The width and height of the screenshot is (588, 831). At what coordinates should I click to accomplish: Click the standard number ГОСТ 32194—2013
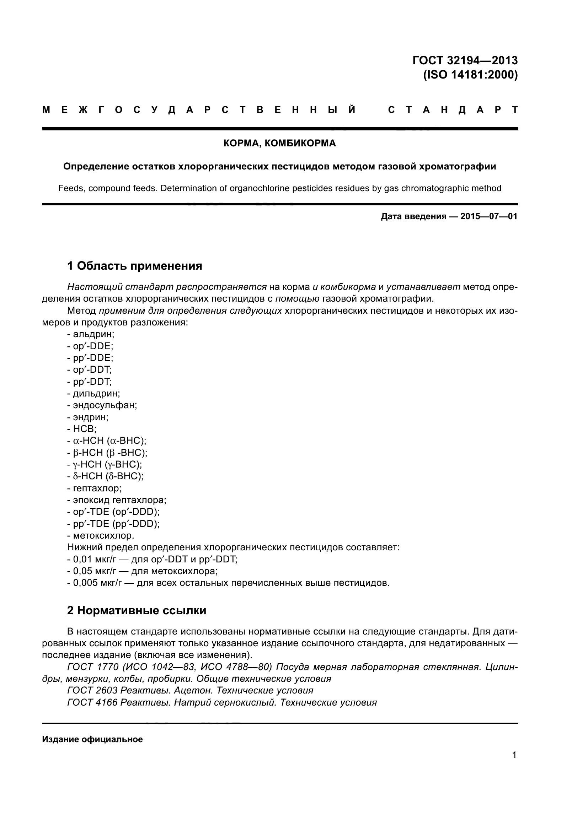pyautogui.click(x=465, y=60)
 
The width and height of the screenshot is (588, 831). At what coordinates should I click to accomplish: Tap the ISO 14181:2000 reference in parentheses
pyautogui.click(x=470, y=75)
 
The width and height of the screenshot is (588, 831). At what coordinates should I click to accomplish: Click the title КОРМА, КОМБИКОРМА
pyautogui.click(x=279, y=143)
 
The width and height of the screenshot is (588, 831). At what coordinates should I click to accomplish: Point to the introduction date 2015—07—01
pyautogui.click(x=489, y=216)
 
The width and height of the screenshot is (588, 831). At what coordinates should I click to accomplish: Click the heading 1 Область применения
pyautogui.click(x=134, y=266)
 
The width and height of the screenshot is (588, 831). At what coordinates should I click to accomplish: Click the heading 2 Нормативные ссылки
pyautogui.click(x=137, y=611)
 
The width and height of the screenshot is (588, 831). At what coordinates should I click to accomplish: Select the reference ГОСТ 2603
pyautogui.click(x=92, y=691)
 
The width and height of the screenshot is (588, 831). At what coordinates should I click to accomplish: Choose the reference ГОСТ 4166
pyautogui.click(x=92, y=702)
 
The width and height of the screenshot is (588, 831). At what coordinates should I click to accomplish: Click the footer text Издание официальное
pyautogui.click(x=92, y=739)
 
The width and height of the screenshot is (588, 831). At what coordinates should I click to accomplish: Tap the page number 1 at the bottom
pyautogui.click(x=514, y=755)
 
